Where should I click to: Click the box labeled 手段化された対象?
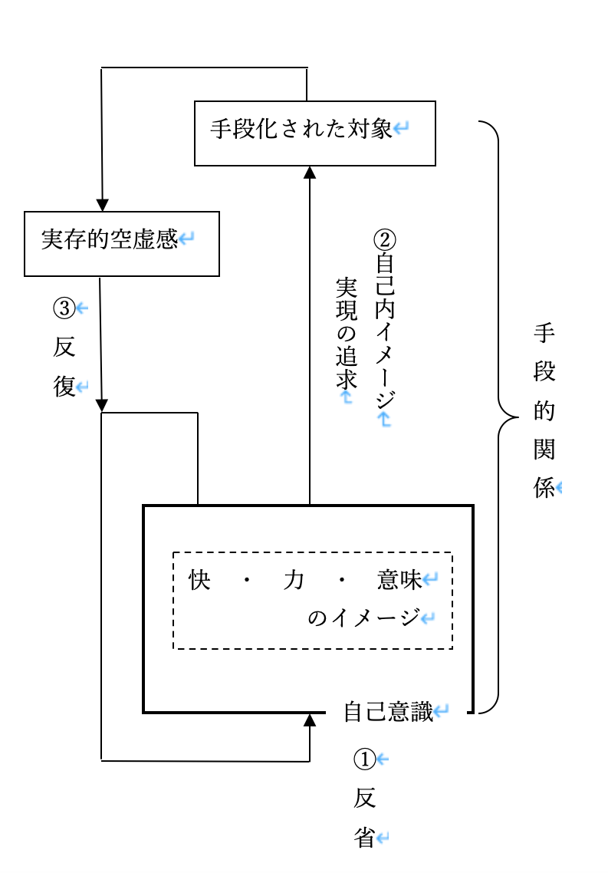click(314, 133)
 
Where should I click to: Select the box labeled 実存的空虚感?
click(122, 243)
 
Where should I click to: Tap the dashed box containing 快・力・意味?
click(312, 600)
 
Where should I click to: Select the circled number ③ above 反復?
click(64, 308)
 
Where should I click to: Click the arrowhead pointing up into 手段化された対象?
click(310, 173)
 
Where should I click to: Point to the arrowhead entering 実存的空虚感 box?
click(102, 205)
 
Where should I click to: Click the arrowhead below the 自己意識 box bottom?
click(310, 720)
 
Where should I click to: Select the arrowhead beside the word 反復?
click(102, 404)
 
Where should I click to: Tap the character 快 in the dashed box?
click(199, 581)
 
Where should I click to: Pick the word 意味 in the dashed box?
click(399, 581)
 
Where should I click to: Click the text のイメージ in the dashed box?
click(363, 618)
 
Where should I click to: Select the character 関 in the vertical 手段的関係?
click(544, 450)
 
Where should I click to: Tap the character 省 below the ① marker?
click(365, 838)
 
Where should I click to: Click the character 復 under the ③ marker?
click(64, 387)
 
